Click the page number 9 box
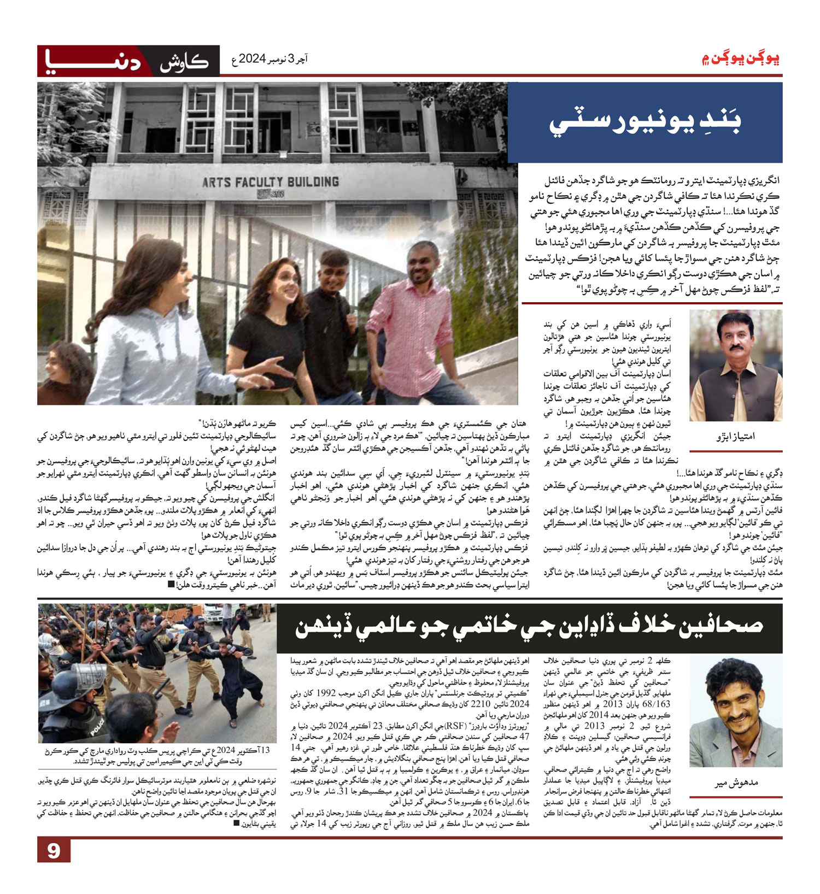[x=54, y=851]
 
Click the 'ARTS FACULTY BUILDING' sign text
[x=270, y=182]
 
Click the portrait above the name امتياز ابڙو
[x=735, y=364]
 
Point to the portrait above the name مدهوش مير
[x=735, y=711]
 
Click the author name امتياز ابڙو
[x=735, y=436]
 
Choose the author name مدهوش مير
[x=736, y=783]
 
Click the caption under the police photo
[x=157, y=756]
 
